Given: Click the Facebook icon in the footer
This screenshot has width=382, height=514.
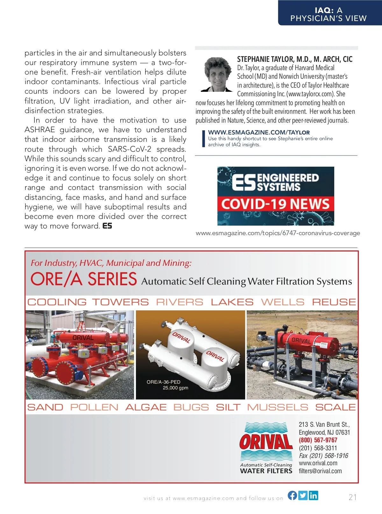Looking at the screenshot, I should click(293, 495).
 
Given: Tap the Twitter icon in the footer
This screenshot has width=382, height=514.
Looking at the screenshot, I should click(303, 495).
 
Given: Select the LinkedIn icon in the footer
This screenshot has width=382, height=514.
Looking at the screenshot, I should click(314, 495).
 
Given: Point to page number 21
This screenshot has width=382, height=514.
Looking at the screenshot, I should click(353, 497).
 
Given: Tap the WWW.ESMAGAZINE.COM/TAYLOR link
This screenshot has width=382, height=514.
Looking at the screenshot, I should click(259, 132).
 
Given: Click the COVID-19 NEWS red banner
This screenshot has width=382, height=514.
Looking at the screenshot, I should click(276, 204).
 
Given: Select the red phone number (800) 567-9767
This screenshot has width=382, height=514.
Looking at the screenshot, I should click(318, 440).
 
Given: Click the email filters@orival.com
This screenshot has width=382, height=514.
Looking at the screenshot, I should click(320, 471).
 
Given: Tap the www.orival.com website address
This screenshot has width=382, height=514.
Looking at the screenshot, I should click(318, 463).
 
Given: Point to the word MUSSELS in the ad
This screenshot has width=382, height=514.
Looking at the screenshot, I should click(278, 407).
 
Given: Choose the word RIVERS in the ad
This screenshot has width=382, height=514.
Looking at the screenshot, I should click(180, 302).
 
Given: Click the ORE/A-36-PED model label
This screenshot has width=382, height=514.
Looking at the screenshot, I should click(163, 382).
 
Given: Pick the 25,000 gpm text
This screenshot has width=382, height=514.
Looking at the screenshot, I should click(175, 388).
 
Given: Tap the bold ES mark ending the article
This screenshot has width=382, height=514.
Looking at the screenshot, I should click(107, 226).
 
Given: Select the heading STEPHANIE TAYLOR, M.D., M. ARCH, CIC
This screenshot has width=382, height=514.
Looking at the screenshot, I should click(295, 59).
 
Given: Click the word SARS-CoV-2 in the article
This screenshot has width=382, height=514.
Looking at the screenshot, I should click(130, 149).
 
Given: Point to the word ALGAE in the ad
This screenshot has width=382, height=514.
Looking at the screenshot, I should click(146, 407).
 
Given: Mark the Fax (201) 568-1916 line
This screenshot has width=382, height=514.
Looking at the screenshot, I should click(323, 456).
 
